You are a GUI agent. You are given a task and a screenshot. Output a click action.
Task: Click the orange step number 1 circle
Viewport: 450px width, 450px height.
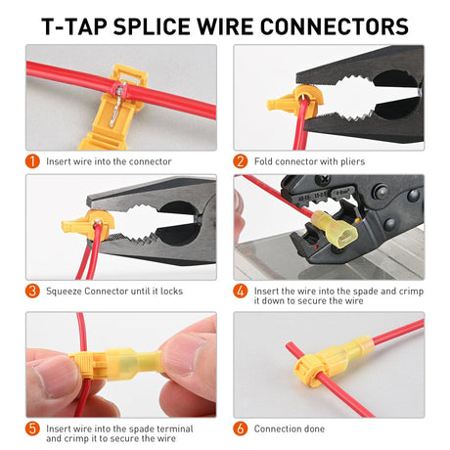32,160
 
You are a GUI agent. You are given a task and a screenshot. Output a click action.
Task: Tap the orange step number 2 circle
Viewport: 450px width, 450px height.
241,160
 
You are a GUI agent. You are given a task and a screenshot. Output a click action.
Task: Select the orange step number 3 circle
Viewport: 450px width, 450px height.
32,291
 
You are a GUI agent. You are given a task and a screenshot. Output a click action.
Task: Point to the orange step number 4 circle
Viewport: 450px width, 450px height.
241,291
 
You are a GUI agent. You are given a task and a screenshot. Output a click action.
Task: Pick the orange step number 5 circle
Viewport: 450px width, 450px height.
32,428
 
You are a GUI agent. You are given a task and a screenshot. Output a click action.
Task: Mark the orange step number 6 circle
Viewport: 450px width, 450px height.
241,428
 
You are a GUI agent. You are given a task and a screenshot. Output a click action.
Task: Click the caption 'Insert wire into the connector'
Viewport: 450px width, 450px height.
109,160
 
